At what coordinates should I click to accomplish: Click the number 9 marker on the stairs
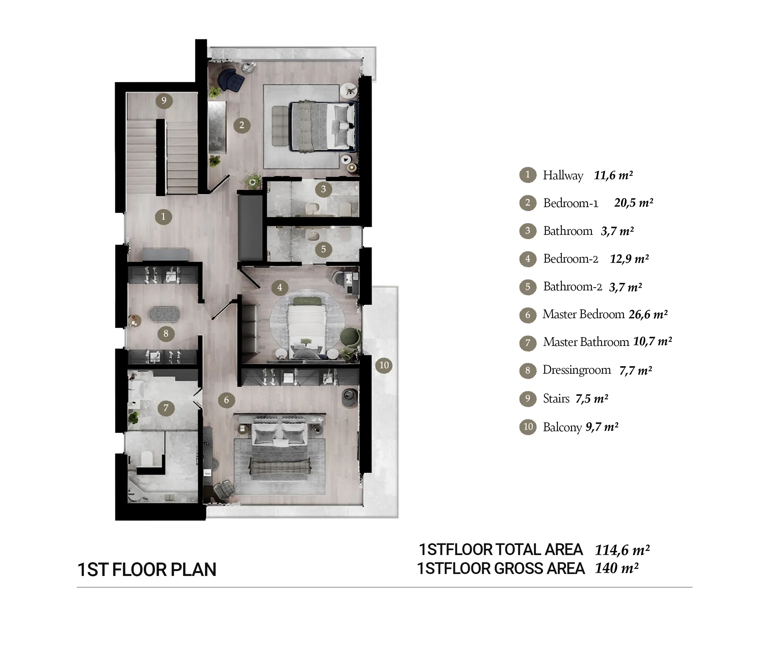click(x=164, y=100)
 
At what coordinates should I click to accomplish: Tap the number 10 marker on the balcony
click(x=384, y=365)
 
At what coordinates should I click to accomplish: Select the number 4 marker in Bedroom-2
click(x=279, y=287)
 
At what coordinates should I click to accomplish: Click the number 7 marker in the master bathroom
click(x=166, y=408)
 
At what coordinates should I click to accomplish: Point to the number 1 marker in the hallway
click(x=163, y=217)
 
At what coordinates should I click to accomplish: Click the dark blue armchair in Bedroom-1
click(x=231, y=80)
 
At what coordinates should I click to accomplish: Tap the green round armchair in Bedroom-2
click(x=350, y=338)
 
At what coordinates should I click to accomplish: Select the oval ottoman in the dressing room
click(x=164, y=315)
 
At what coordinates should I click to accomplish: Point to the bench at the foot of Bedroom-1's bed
click(x=280, y=126)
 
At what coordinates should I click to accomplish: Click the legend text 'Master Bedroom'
click(x=583, y=314)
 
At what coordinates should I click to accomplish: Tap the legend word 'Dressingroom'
click(x=577, y=370)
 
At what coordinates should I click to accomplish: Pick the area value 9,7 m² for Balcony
click(x=602, y=427)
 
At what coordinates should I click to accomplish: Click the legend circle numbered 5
click(x=528, y=287)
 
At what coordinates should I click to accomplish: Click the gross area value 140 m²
click(x=616, y=568)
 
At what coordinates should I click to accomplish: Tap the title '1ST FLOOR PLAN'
click(x=146, y=570)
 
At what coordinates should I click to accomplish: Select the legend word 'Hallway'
click(x=563, y=175)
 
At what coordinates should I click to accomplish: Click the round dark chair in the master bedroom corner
click(x=350, y=398)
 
